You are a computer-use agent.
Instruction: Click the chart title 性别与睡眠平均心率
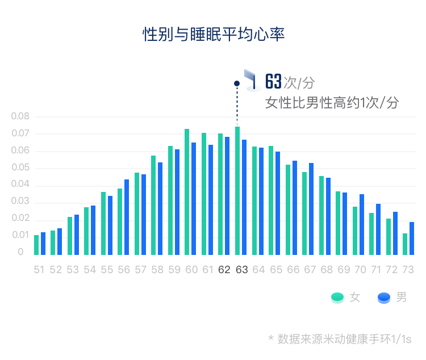[x=213, y=34]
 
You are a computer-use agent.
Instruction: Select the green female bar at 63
[x=237, y=191]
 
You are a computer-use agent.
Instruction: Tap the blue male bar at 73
[x=412, y=238]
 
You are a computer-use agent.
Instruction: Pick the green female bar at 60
[x=187, y=192]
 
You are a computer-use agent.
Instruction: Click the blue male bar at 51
[x=43, y=244]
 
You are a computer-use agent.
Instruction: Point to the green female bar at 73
[x=405, y=244]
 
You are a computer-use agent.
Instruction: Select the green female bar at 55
[x=103, y=223]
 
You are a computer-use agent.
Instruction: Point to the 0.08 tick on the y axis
[x=20, y=116]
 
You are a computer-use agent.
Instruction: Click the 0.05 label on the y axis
[x=20, y=168]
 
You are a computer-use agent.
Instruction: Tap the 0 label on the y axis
[x=20, y=252]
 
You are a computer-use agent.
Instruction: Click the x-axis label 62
[x=224, y=270]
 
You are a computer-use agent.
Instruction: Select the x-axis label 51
[x=39, y=270]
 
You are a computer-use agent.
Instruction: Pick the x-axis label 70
[x=361, y=270]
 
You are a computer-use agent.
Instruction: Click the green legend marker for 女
[x=337, y=297]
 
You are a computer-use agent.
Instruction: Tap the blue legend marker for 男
[x=384, y=297]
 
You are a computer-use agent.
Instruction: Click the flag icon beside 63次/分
[x=251, y=80]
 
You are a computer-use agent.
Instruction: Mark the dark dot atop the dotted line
[x=237, y=83]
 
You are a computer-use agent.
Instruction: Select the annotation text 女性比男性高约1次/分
[x=332, y=103]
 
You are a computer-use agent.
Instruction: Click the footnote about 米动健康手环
[x=340, y=339]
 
